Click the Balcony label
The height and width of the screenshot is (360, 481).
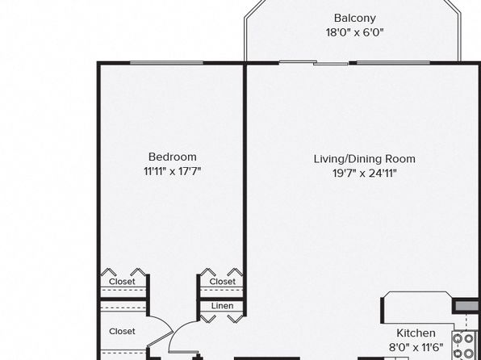pos(355,19)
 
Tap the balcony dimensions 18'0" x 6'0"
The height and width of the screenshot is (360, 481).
pos(355,32)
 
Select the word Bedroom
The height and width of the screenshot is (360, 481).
pos(173,157)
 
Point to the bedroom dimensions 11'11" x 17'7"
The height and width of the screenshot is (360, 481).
pos(173,171)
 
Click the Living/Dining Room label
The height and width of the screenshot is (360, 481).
pos(365,159)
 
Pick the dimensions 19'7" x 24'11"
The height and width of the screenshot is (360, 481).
pos(365,174)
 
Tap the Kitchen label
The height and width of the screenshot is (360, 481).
pos(416,333)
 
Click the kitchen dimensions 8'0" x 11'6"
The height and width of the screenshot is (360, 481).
pos(416,347)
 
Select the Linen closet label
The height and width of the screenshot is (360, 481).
pos(223,306)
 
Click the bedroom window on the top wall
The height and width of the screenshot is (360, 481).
pos(166,63)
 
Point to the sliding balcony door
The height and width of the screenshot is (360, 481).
pos(313,63)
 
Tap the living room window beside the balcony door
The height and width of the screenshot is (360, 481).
pos(393,63)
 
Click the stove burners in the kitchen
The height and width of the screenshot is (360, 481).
pos(463,345)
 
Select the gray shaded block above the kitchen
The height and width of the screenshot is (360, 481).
pos(467,306)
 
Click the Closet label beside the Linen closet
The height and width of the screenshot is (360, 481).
pos(223,282)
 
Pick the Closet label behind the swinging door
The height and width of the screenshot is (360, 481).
pos(122,332)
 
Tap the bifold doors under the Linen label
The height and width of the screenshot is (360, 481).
pos(221,319)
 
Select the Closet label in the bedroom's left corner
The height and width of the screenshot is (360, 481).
pos(122,282)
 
